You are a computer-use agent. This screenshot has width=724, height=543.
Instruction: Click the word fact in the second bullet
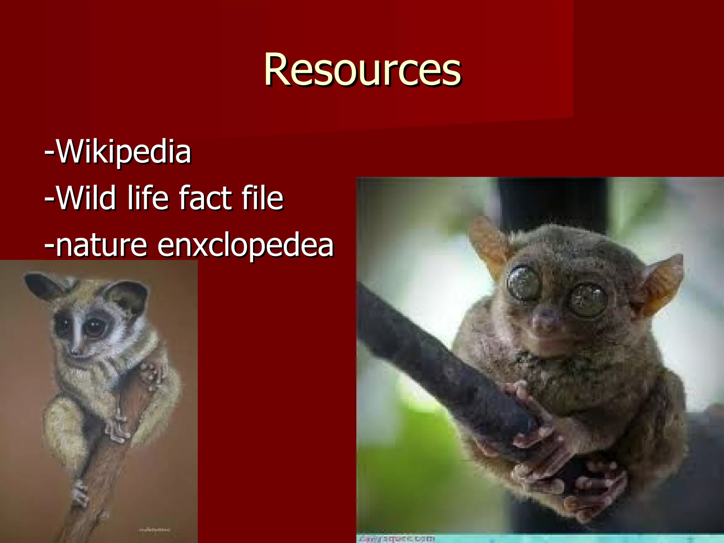pyautogui.click(x=205, y=198)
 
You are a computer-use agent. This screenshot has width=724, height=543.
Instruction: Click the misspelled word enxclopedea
pyautogui.click(x=245, y=245)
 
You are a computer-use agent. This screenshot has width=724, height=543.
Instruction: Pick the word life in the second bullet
pyautogui.click(x=148, y=198)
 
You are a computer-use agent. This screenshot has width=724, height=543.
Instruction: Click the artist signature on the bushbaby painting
pyautogui.click(x=154, y=530)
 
